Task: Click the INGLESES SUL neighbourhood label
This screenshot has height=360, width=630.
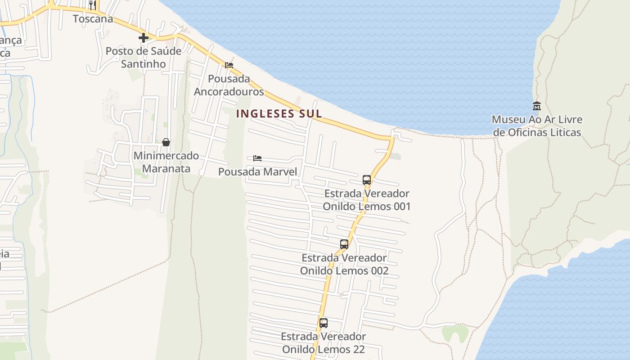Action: pos(279,113)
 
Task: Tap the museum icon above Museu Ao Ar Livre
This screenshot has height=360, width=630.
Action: pos(536,106)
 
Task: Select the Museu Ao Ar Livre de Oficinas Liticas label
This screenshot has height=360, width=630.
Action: pos(537,126)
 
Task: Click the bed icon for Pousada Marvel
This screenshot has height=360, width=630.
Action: pos(257,158)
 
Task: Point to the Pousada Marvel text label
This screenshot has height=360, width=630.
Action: pos(257,171)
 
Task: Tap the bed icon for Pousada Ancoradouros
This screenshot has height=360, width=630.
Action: pos(229,65)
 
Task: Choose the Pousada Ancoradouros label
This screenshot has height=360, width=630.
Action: pos(229,85)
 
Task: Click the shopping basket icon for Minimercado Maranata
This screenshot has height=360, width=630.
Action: pos(166,142)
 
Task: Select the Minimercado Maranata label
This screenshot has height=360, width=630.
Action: pos(166,162)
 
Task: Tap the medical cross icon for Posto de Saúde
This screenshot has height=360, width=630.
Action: pos(144,38)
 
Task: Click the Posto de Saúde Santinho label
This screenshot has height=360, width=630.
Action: pos(144,58)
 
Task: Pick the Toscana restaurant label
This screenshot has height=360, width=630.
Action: pos(93,19)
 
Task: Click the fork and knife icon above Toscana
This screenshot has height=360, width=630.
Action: pos(93,5)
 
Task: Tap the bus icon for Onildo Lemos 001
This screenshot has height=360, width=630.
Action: pos(367,180)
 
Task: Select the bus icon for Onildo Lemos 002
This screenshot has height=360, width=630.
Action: pos(344,244)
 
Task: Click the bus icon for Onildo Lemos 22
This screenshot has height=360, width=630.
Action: pos(324,323)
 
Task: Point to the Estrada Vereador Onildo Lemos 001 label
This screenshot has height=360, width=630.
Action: pos(367,200)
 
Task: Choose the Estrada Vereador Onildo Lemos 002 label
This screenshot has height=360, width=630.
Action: pos(344,264)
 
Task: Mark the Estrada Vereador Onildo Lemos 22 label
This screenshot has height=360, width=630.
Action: pos(324,342)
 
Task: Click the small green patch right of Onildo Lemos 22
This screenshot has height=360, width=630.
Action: pos(455,333)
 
